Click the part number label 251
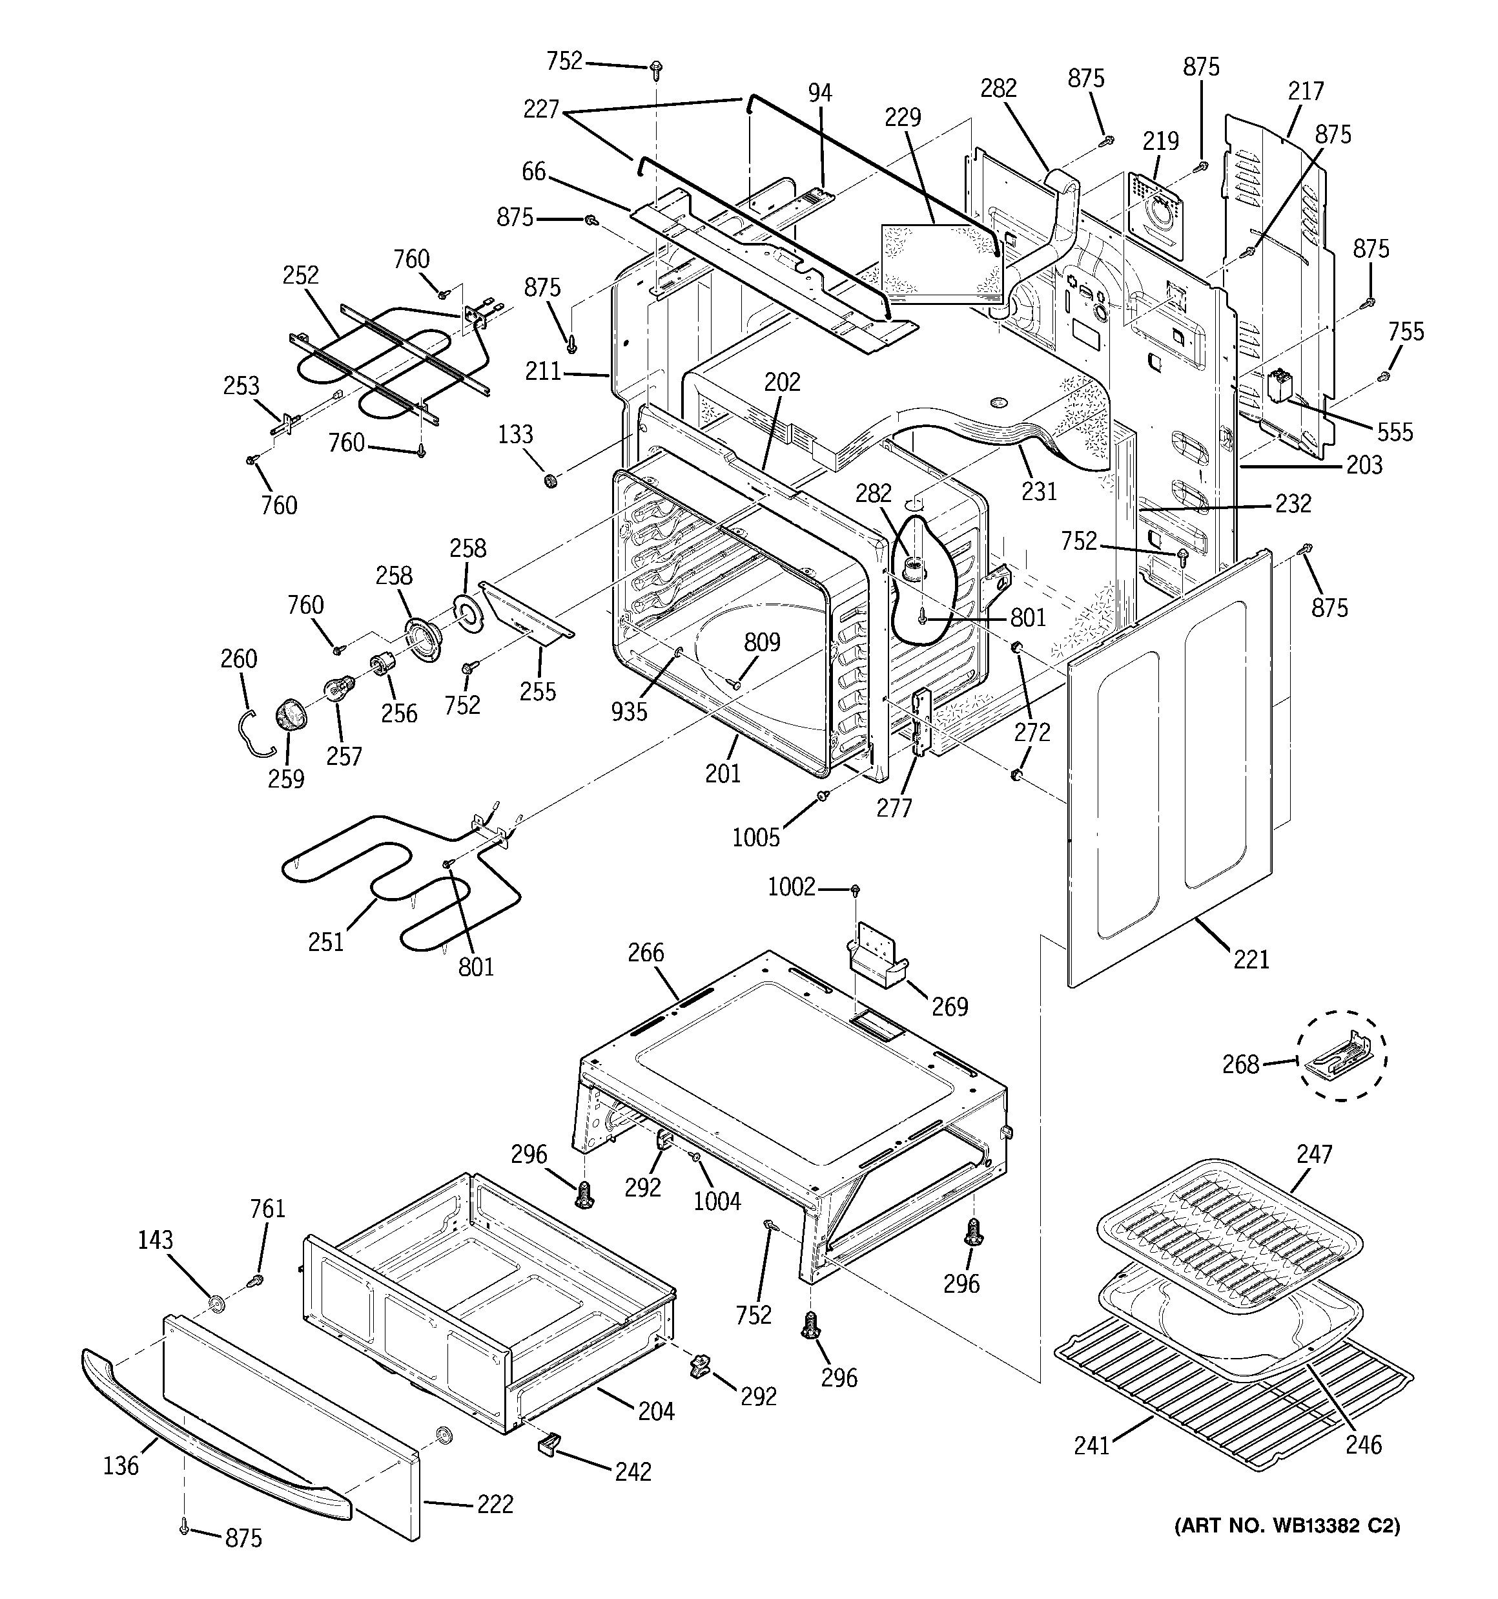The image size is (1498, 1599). (x=325, y=942)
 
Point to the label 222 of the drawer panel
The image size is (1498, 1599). (x=495, y=1503)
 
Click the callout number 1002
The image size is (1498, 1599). (x=791, y=887)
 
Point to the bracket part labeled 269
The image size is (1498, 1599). (x=876, y=957)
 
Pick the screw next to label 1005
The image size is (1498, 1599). (x=823, y=795)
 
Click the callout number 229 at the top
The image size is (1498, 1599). (x=902, y=118)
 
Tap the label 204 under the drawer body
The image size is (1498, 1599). (x=656, y=1411)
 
